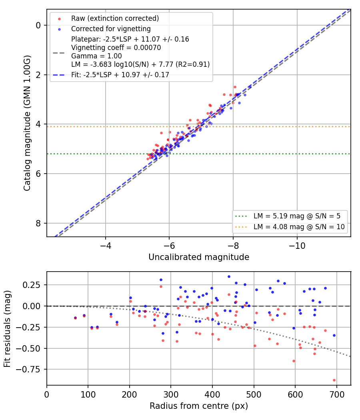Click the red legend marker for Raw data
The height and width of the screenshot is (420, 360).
click(x=60, y=19)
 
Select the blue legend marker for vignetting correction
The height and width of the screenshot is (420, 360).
click(x=60, y=29)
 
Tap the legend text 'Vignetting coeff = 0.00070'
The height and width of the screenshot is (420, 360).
click(x=116, y=48)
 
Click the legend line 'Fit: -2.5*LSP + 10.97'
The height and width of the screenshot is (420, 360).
click(x=120, y=75)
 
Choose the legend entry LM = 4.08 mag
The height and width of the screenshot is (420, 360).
click(x=299, y=227)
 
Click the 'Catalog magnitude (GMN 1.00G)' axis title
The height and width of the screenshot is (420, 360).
click(x=27, y=123)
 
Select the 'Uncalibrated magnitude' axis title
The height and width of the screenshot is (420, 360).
click(x=199, y=257)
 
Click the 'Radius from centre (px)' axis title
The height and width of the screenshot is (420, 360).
click(x=199, y=406)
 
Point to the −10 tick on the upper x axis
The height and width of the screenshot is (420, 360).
click(x=297, y=246)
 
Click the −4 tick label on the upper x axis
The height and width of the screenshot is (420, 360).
click(x=105, y=246)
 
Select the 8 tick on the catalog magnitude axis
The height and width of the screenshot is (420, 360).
click(x=38, y=223)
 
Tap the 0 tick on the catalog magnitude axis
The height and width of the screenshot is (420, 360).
click(x=38, y=26)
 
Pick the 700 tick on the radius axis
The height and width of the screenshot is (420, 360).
click(x=336, y=394)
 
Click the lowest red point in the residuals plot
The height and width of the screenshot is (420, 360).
click(x=334, y=380)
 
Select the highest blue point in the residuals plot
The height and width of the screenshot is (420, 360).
click(x=229, y=277)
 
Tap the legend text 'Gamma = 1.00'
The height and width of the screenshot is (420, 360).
click(x=96, y=56)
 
